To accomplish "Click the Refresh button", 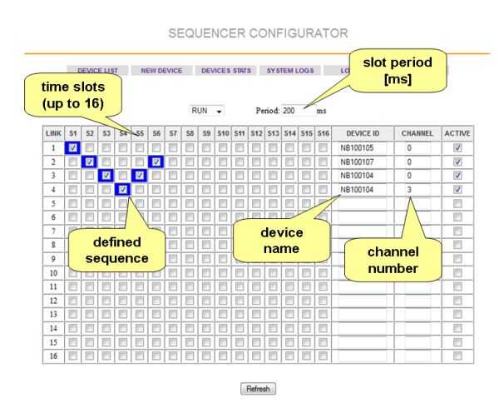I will click(x=257, y=389).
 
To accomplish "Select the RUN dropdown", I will click(x=207, y=111).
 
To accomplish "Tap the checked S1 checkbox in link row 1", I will click(x=72, y=147).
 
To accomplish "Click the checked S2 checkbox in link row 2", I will click(x=89, y=162).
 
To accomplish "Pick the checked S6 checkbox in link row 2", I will click(x=156, y=162).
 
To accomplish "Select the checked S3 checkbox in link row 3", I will click(x=106, y=176).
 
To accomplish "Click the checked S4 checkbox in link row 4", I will click(x=123, y=190).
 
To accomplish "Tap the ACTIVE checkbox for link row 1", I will click(x=457, y=147).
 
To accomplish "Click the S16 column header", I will click(x=324, y=133).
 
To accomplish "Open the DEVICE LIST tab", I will click(x=98, y=71).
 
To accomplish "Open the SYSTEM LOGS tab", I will click(x=290, y=71).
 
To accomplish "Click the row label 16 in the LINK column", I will click(x=52, y=356).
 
